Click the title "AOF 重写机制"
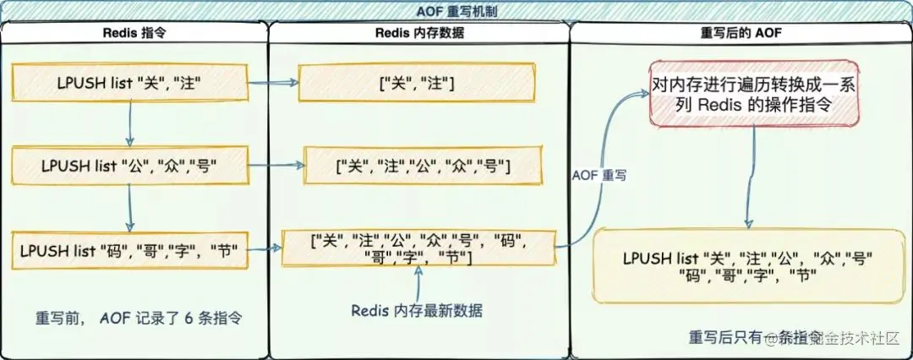tap(456, 10)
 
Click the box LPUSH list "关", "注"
tap(129, 84)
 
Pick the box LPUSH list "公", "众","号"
tap(129, 166)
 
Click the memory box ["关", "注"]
tap(418, 84)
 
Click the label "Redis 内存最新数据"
tap(417, 310)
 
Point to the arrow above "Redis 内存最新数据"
tap(417, 281)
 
